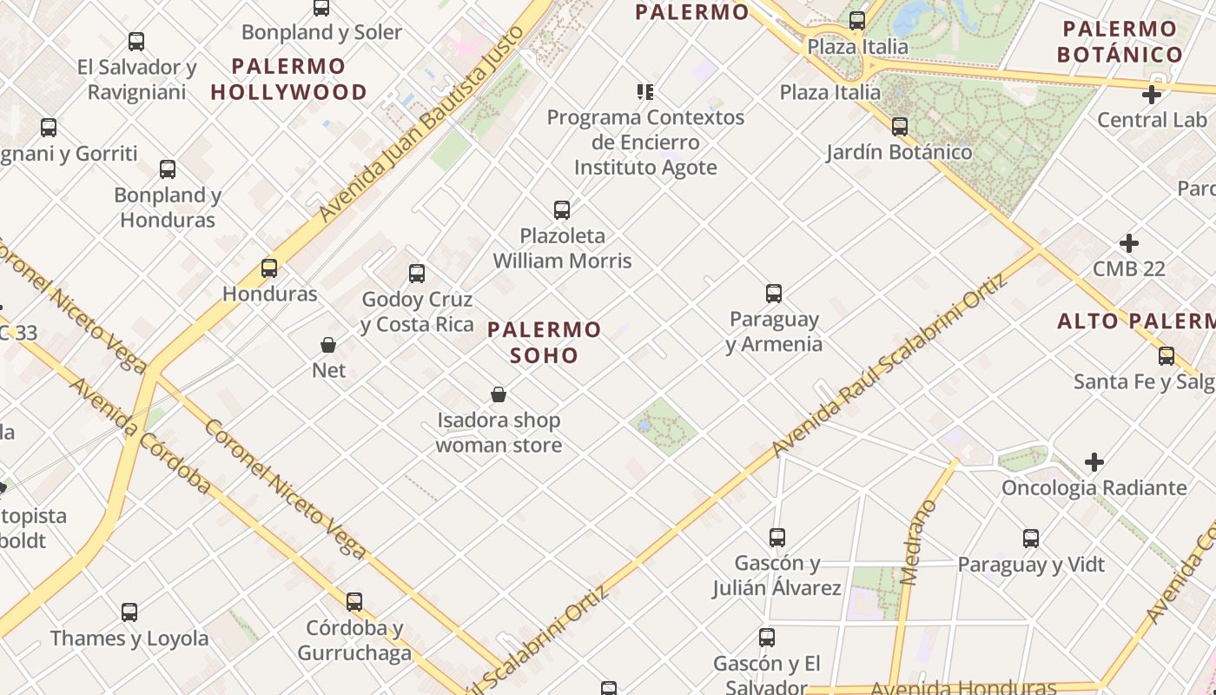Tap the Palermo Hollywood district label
[289, 79]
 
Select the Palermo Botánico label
[1120, 42]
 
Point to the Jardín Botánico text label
[899, 153]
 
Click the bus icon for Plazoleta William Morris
[562, 209]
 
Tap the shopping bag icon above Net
[328, 345]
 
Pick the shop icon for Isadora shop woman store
[499, 395]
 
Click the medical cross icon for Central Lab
[1152, 96]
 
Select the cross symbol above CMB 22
[1129, 243]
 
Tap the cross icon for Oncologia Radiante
[1094, 462]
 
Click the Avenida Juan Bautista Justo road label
[423, 122]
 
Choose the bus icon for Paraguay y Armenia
[774, 294]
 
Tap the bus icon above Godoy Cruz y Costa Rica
[417, 273]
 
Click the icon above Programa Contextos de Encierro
[644, 91]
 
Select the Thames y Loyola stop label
[129, 639]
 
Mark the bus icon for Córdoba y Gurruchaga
[354, 601]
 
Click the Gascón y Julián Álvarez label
[777, 576]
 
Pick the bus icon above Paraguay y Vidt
[1031, 538]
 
